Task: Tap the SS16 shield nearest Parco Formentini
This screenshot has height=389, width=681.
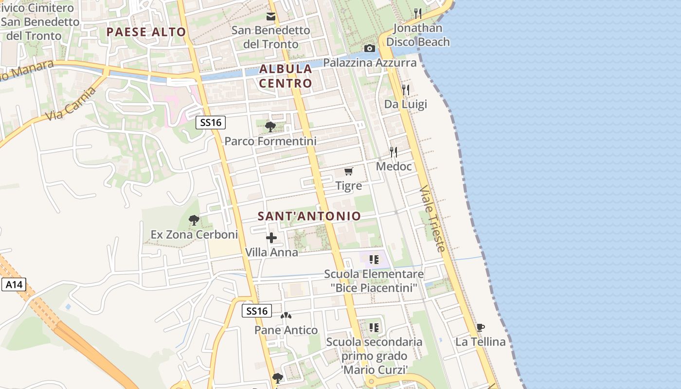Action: click(x=211, y=123)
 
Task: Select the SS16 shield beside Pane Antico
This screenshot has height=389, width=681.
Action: click(x=257, y=311)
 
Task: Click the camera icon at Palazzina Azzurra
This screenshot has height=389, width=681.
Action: click(x=370, y=48)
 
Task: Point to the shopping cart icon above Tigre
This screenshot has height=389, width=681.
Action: click(x=348, y=171)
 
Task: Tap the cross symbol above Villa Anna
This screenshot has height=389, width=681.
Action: click(x=271, y=238)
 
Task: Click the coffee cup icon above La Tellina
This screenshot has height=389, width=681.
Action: click(x=480, y=327)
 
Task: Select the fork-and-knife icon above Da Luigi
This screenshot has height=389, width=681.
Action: click(x=405, y=89)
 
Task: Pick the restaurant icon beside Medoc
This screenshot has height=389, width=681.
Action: click(x=394, y=152)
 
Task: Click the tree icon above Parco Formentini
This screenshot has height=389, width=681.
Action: click(x=270, y=127)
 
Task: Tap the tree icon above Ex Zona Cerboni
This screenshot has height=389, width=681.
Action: click(x=194, y=220)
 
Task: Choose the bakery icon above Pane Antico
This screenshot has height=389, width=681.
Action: click(x=286, y=316)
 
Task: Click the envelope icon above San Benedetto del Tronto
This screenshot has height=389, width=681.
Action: click(x=271, y=17)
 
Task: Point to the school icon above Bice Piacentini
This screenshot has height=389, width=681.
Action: click(x=374, y=259)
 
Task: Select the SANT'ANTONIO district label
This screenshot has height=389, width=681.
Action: click(x=309, y=216)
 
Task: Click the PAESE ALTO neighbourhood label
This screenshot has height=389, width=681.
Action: click(x=146, y=32)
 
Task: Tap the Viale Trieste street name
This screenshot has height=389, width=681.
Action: click(x=432, y=218)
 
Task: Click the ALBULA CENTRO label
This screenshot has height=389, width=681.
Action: click(x=286, y=76)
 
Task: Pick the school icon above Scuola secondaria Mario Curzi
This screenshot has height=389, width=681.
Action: click(x=374, y=327)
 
